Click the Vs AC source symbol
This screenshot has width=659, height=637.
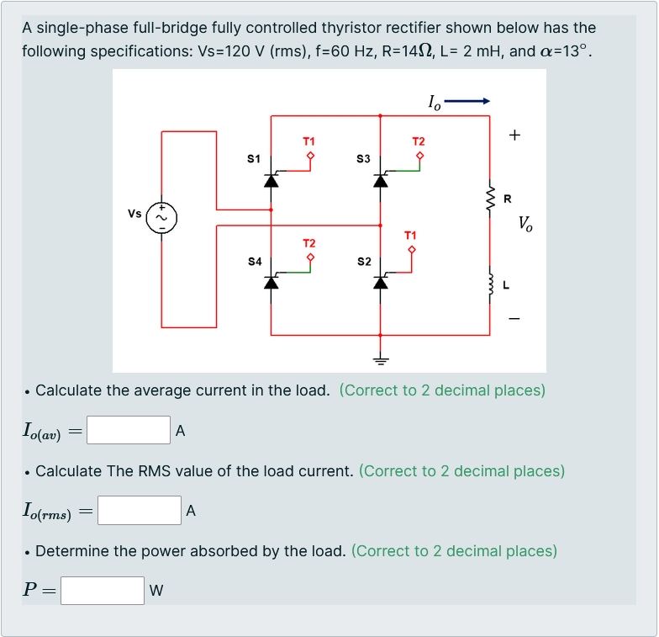(x=161, y=217)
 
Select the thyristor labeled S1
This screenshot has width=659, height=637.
(x=271, y=179)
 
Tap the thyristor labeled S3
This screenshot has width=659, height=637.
(x=381, y=179)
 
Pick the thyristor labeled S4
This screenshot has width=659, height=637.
(x=271, y=282)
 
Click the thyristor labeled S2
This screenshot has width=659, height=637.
(x=381, y=282)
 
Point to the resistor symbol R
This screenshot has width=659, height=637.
(x=491, y=199)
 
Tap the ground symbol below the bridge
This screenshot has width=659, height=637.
(x=381, y=360)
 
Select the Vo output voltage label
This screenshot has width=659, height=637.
(x=525, y=224)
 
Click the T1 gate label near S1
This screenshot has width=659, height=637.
(x=308, y=141)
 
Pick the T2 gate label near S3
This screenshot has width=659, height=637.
(x=419, y=141)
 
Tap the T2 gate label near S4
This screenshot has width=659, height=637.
(x=308, y=243)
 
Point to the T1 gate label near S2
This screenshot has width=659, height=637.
(x=410, y=235)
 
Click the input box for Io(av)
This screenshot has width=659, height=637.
(x=129, y=430)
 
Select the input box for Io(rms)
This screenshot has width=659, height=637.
(x=140, y=510)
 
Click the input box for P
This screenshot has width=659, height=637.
(x=103, y=590)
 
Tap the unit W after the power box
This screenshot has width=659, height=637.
(x=156, y=591)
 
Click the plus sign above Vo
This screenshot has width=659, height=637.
(x=514, y=135)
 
